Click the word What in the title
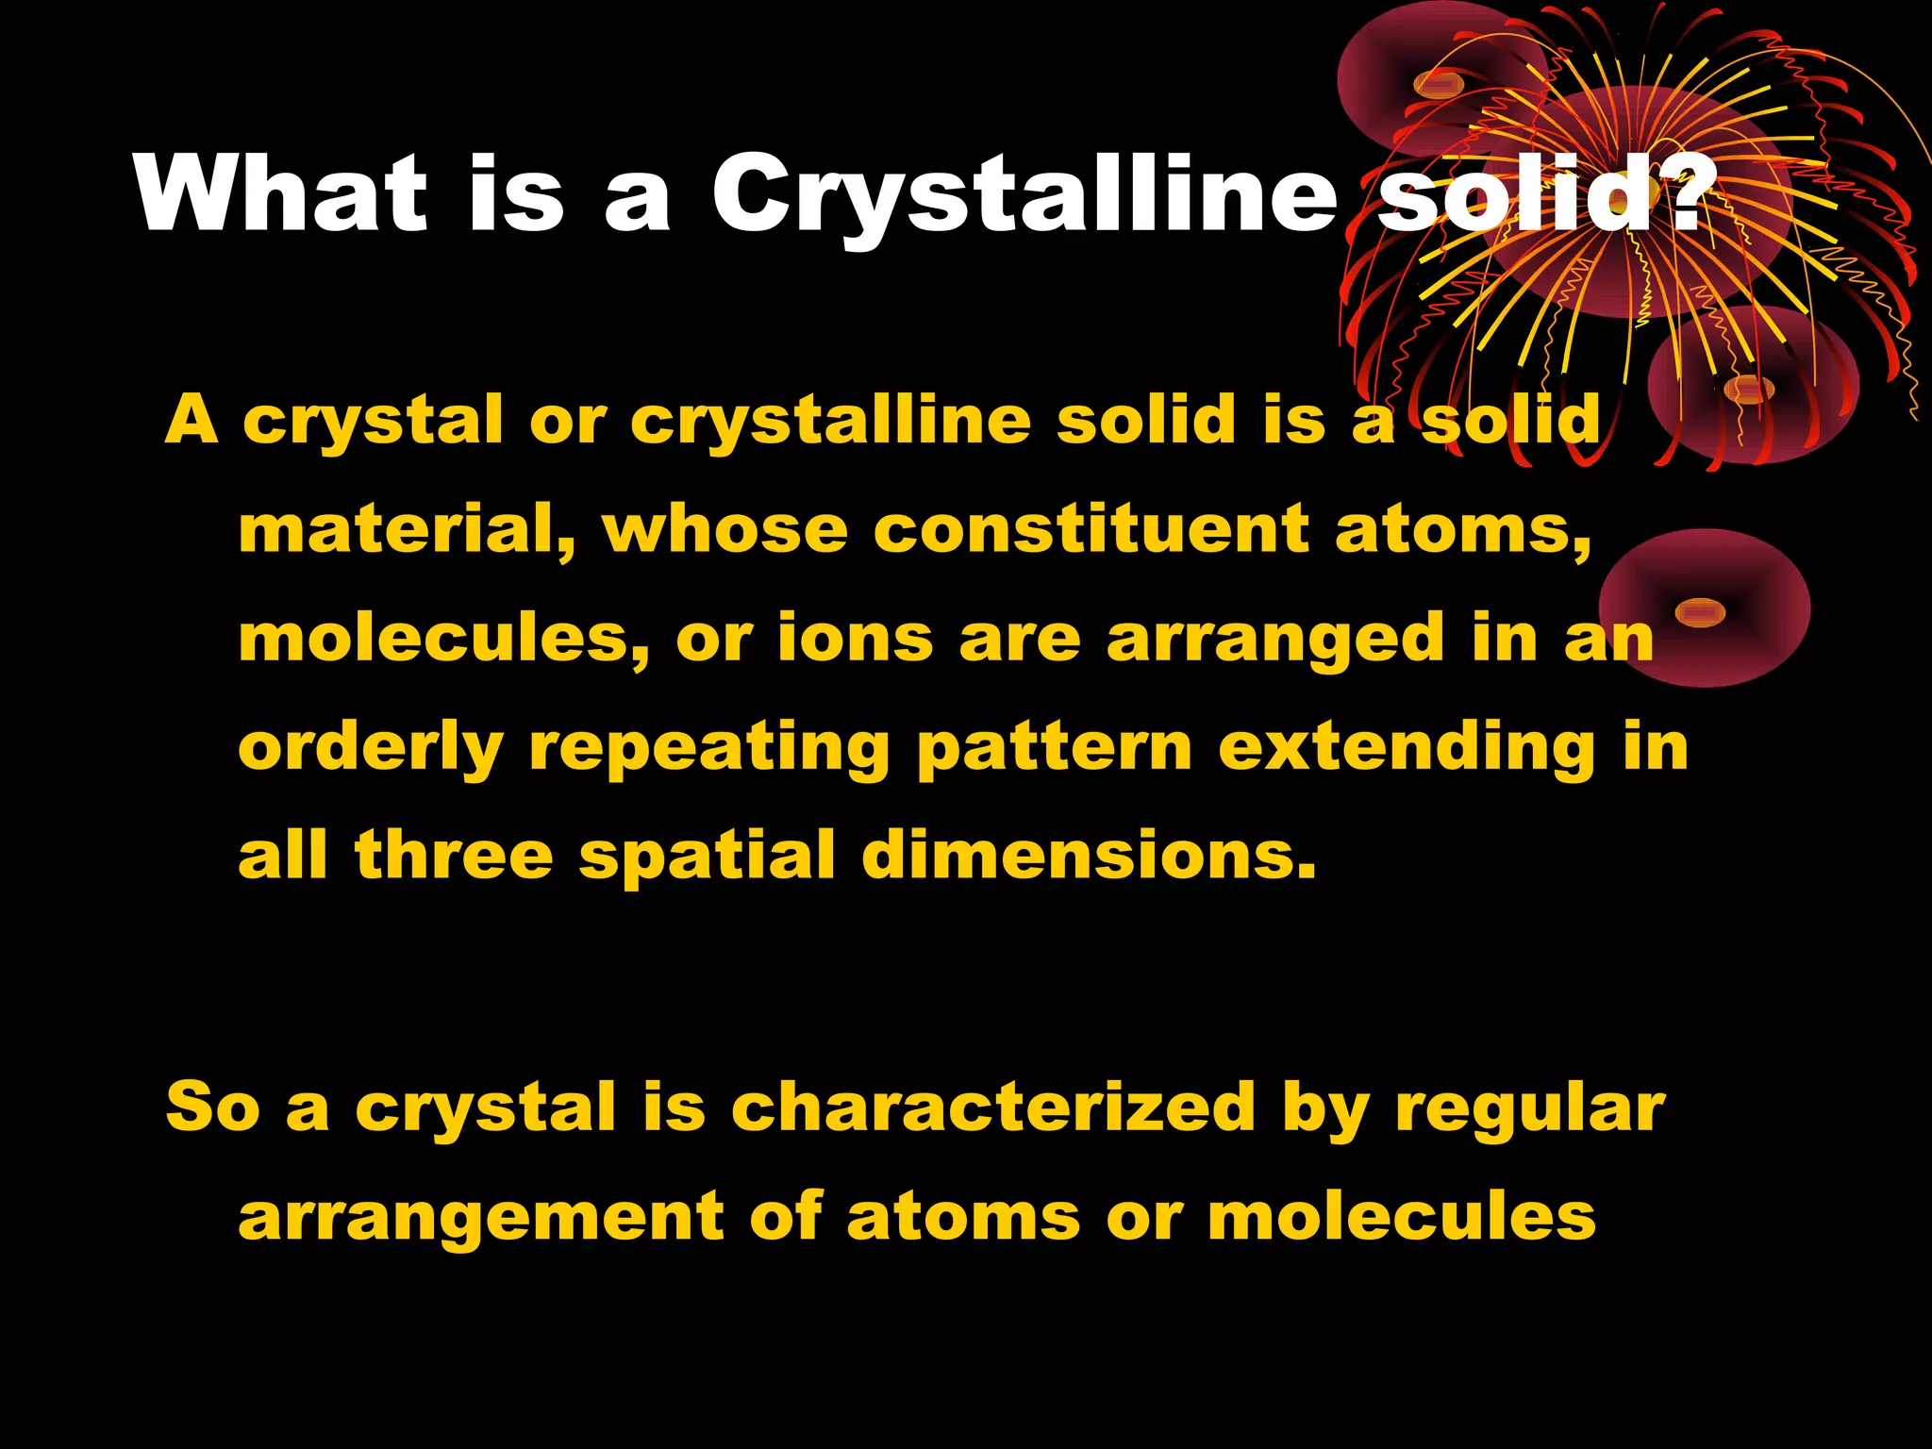click(281, 192)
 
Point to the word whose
click(725, 530)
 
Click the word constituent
click(1091, 530)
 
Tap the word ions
click(855, 639)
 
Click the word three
click(454, 856)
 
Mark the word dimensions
click(1089, 856)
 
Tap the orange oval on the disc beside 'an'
click(1700, 612)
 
